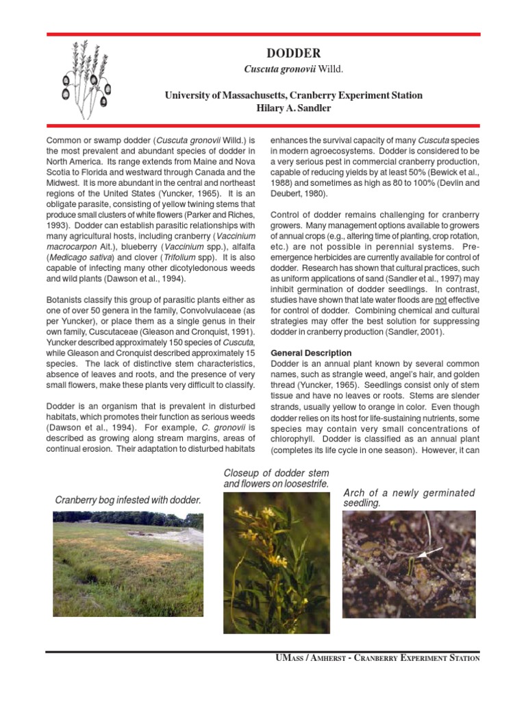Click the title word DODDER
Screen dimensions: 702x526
tap(292, 53)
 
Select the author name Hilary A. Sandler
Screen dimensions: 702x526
tap(293, 108)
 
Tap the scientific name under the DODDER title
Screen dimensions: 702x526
tap(293, 70)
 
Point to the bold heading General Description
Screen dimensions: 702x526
tap(311, 353)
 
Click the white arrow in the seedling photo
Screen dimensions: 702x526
tap(429, 552)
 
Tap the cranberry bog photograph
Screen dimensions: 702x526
tap(128, 564)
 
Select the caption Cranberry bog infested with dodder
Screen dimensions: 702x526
tap(128, 500)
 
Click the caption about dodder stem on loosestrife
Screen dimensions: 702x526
tap(276, 479)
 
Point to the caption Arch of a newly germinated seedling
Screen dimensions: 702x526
tap(408, 498)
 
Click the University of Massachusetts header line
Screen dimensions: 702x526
tap(293, 95)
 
